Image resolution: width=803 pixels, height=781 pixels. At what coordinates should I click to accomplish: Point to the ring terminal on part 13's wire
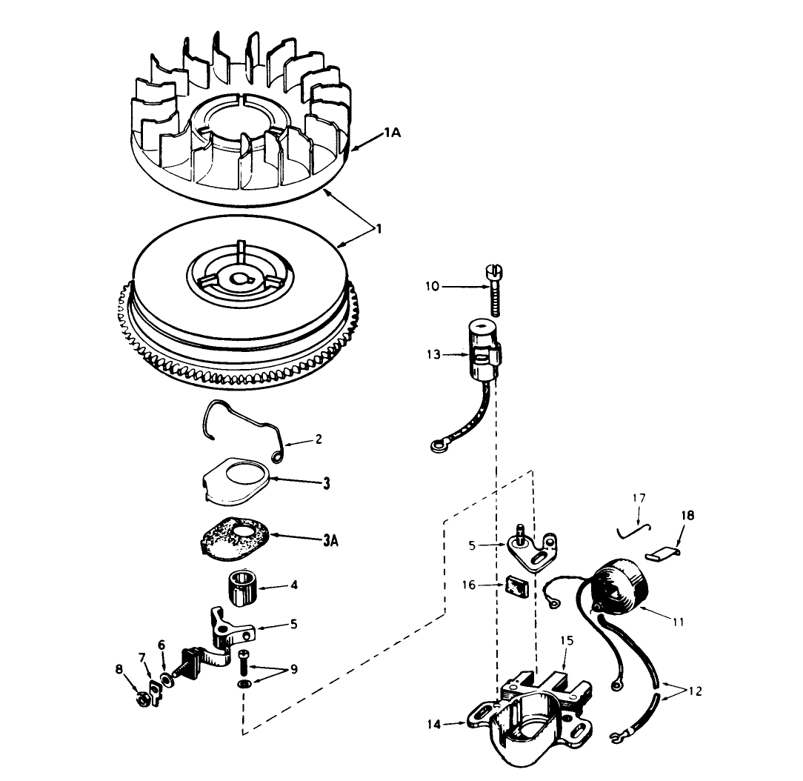point(436,446)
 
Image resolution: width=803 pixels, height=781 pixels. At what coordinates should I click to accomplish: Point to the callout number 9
point(293,670)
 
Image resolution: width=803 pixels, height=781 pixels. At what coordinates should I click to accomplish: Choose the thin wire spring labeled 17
point(632,528)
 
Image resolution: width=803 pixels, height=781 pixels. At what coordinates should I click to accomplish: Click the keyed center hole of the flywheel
point(241,279)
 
